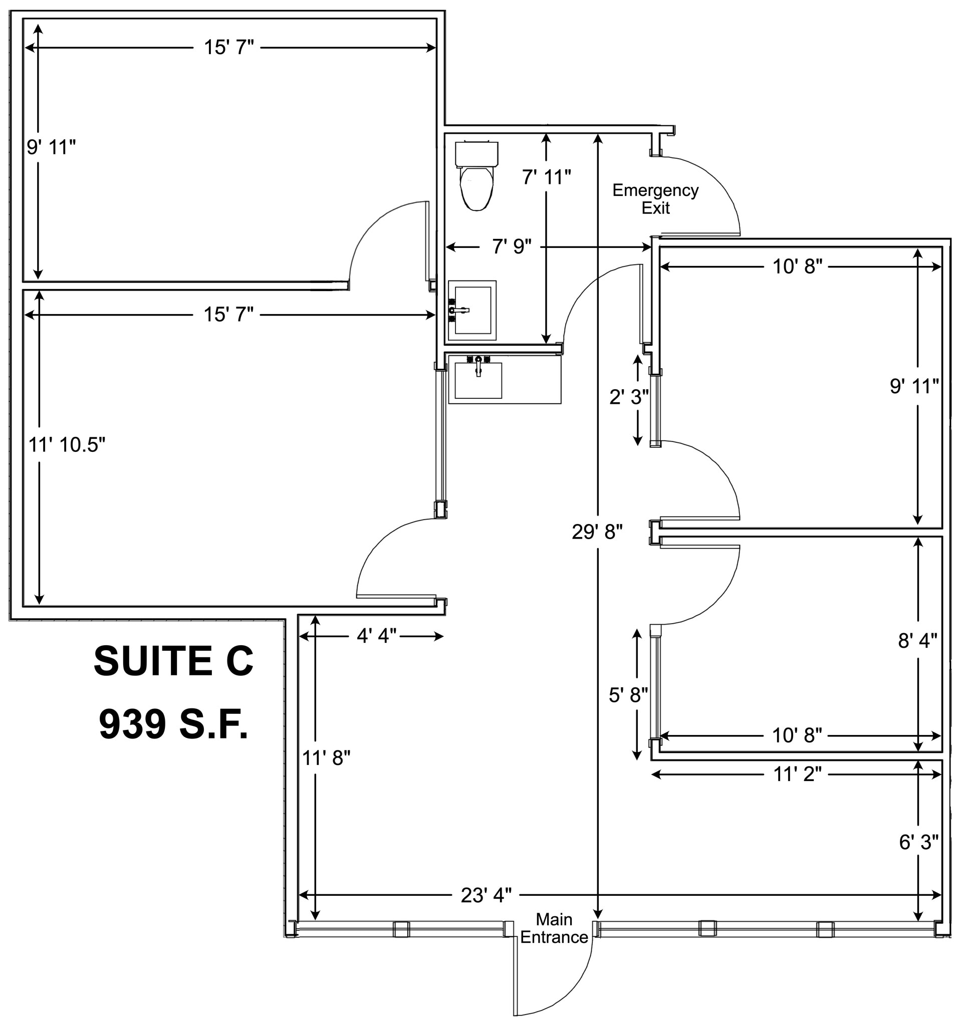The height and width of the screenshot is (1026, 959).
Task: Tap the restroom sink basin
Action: coord(472,310)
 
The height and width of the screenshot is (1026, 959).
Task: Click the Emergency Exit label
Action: coord(655,199)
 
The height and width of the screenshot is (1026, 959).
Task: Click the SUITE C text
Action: coord(173,661)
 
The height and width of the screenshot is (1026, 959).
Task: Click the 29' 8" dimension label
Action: coord(597,532)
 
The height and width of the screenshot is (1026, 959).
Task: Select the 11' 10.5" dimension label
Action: coord(67,445)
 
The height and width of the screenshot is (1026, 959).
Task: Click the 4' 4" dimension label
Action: coord(376,636)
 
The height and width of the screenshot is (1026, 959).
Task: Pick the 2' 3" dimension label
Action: coord(629,397)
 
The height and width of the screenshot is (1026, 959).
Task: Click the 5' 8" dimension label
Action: coord(628,695)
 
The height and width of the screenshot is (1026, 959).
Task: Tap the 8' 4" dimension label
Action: coord(917,640)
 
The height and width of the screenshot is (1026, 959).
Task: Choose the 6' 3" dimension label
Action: coord(918,842)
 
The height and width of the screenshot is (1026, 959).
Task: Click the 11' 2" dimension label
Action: coord(797,774)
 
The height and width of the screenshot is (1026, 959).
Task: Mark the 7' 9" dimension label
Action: coord(512,246)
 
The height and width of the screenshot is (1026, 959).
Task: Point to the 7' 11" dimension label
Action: coord(546,177)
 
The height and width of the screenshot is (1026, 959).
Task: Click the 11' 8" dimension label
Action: coord(326,758)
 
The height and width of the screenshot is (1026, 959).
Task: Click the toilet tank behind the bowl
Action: coord(476,153)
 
